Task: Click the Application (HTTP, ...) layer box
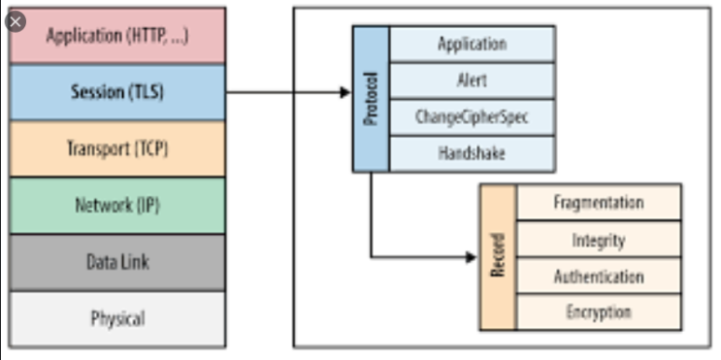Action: click(116, 37)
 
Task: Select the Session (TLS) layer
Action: click(116, 93)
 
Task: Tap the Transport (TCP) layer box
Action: click(116, 149)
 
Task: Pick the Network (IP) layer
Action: click(116, 206)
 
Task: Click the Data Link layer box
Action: click(116, 262)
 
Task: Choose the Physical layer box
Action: click(116, 318)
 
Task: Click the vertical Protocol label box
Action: click(371, 99)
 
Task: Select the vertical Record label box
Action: click(498, 257)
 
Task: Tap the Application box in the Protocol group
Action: click(473, 44)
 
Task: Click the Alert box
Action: click(473, 81)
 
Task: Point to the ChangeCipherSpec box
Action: click(473, 117)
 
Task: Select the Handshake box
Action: click(473, 153)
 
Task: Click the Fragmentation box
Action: click(599, 202)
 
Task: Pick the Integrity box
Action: click(599, 240)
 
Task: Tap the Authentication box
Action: click(599, 277)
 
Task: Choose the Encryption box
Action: click(599, 312)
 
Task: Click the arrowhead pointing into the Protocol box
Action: click(344, 92)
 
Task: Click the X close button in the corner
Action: click(16, 20)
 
